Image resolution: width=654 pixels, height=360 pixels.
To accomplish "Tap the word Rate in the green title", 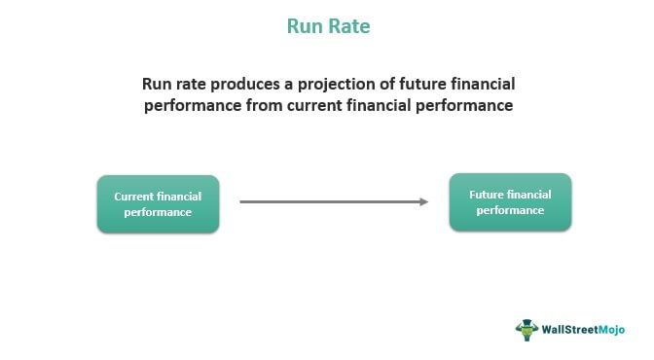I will coord(348,26).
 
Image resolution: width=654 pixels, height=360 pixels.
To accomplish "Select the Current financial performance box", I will coord(158,203).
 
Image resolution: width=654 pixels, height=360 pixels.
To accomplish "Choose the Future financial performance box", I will coord(510,201).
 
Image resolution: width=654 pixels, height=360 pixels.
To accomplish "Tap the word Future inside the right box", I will coord(486,194).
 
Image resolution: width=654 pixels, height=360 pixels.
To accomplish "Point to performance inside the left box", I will coord(158,211).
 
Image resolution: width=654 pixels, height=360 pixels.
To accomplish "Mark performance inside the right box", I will coord(510,210).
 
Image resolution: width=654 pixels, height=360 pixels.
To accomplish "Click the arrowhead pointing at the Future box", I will coord(423,201).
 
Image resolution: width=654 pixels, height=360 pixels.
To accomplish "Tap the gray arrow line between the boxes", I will coord(331,201).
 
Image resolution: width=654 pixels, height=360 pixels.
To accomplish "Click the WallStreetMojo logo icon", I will coord(527,329).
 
